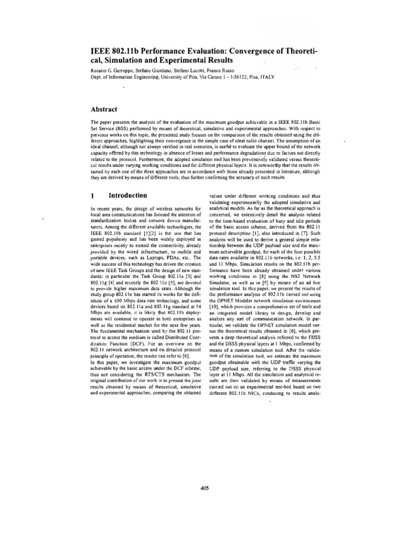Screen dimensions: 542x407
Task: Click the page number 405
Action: pyautogui.click(x=206, y=474)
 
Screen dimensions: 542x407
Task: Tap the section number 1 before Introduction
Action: pyautogui.click(x=93, y=195)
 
